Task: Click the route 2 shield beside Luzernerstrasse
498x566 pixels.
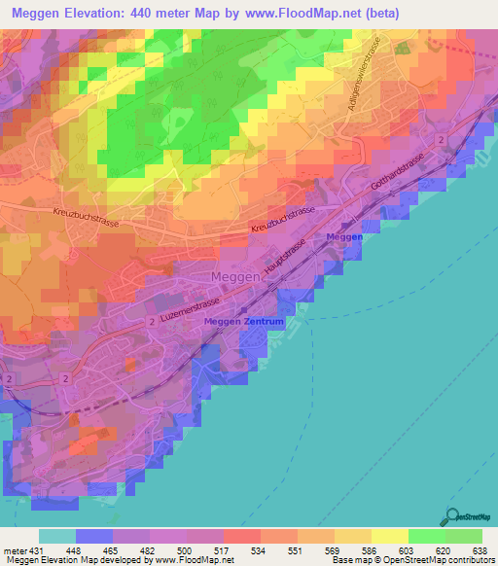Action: coord(153,320)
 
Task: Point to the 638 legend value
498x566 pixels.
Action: coord(481,550)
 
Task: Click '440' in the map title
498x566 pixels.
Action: coord(162,13)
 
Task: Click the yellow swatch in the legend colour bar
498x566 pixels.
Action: coord(390,536)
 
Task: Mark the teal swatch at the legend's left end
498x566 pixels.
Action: coord(57,536)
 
